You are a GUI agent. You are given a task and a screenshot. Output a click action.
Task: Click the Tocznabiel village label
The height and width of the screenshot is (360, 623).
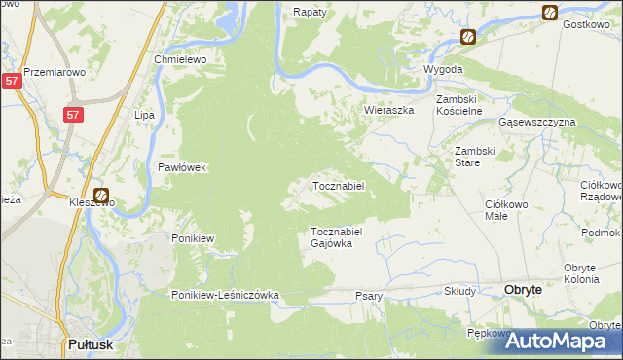point(337,186)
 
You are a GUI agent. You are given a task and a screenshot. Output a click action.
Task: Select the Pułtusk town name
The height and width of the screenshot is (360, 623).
point(94,344)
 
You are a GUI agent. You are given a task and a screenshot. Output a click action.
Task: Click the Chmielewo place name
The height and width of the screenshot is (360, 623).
point(178,59)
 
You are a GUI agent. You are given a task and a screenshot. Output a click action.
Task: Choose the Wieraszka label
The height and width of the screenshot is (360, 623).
point(388,111)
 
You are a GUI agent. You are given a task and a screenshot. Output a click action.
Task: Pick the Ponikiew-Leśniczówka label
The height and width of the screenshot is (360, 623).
point(226,295)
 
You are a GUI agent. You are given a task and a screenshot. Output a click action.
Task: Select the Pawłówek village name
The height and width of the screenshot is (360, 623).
point(183,167)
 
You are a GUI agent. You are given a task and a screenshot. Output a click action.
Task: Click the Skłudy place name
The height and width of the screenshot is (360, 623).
point(459,291)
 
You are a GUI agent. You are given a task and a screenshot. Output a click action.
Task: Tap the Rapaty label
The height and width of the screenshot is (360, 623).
point(309,13)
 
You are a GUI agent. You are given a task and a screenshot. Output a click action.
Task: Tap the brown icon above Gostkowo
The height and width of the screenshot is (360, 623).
point(550,13)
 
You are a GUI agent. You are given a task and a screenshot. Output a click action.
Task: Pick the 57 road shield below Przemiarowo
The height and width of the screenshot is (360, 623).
point(11,82)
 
